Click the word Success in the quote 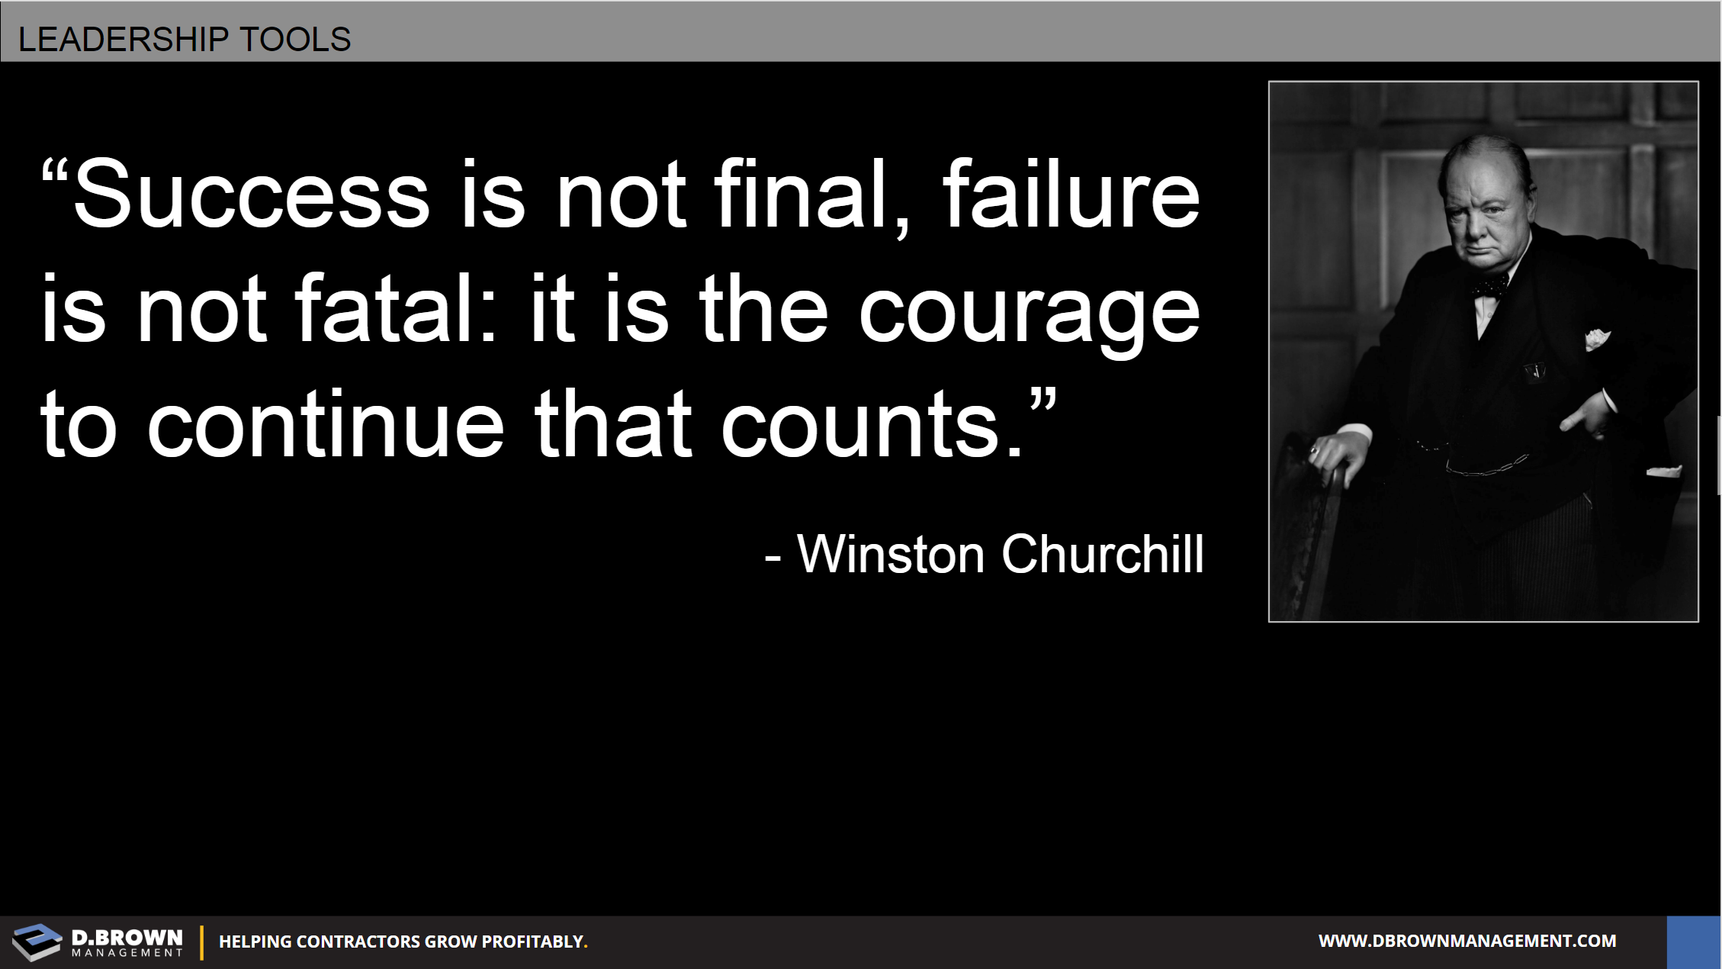pyautogui.click(x=252, y=195)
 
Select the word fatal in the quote pyautogui.click(x=396, y=308)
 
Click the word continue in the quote pyautogui.click(x=326, y=424)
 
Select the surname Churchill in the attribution pyautogui.click(x=1103, y=553)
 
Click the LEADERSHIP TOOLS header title pyautogui.click(x=184, y=39)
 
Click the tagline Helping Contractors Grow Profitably pyautogui.click(x=403, y=942)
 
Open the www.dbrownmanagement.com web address pyautogui.click(x=1467, y=941)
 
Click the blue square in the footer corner pyautogui.click(x=1694, y=942)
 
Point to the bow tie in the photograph pyautogui.click(x=1489, y=287)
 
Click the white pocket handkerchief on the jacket pyautogui.click(x=1598, y=338)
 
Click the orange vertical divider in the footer pyautogui.click(x=202, y=942)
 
